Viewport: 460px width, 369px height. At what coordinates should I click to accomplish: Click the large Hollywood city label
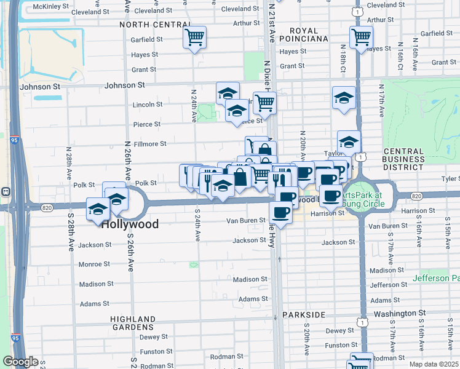[130, 224]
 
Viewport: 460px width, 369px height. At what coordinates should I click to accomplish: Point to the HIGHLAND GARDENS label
[133, 323]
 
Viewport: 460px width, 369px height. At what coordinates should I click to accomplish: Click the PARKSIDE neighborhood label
[304, 314]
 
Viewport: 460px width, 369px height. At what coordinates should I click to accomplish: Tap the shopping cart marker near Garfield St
[195, 38]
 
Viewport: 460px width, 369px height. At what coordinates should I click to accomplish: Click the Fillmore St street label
[150, 144]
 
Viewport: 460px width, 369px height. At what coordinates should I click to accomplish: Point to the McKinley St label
[52, 6]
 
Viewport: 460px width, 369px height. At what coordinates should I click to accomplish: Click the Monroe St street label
[94, 264]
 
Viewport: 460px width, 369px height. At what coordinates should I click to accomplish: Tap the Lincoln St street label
[148, 105]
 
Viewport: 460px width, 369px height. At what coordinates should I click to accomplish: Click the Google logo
[20, 362]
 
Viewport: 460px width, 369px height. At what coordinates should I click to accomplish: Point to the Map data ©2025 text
[434, 364]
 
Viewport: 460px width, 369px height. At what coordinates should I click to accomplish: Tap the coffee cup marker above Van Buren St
[281, 212]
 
